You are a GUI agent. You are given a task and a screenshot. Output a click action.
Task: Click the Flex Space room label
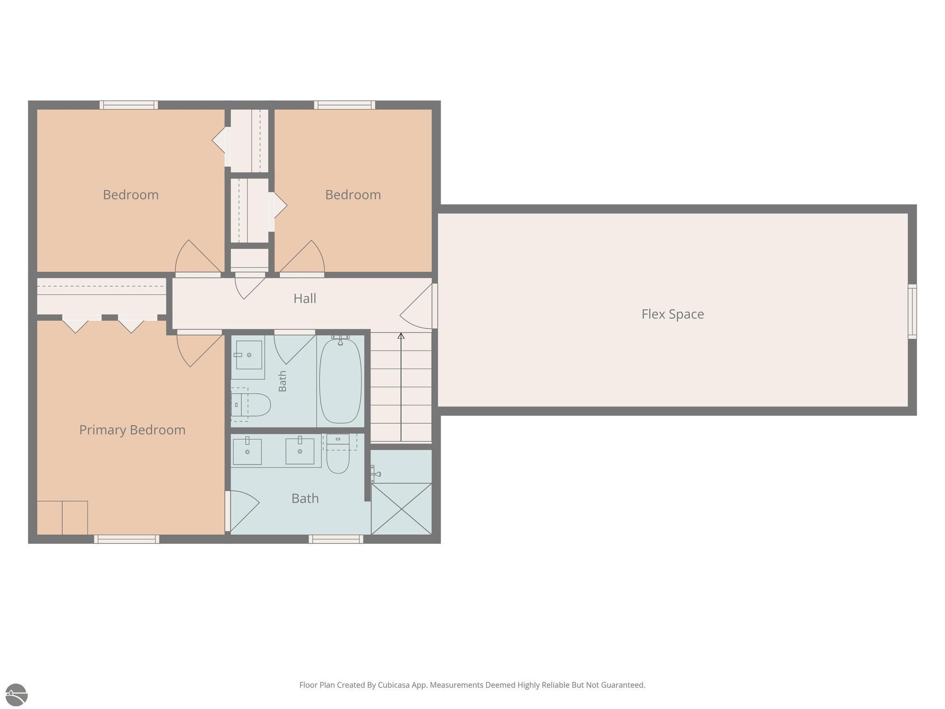pos(672,314)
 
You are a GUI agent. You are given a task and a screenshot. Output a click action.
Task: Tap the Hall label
pos(305,298)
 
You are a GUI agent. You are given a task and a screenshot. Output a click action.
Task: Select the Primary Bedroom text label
pos(132,430)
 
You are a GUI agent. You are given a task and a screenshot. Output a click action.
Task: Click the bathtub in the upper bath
pos(341,380)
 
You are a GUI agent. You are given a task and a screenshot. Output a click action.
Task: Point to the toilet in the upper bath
pos(251,405)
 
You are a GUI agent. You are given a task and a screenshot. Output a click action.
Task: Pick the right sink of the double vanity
pos(300,450)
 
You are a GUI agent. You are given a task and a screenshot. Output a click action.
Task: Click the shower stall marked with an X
pos(401,509)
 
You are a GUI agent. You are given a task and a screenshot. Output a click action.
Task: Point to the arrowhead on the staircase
pos(401,336)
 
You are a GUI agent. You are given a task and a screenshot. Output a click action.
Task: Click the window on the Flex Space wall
pos(912,312)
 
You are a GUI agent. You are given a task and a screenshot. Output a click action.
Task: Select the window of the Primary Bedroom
pos(126,539)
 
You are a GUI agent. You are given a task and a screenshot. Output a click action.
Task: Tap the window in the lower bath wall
pos(336,539)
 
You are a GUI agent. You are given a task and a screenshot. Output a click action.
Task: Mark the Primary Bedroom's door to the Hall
pos(199,348)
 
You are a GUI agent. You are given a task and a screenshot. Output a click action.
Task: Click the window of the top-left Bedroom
pos(129,105)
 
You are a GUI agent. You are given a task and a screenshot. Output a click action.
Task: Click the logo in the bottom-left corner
pos(17,695)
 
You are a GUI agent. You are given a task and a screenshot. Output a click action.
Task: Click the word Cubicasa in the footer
pos(395,685)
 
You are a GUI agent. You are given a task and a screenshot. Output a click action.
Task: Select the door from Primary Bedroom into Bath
pos(242,511)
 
